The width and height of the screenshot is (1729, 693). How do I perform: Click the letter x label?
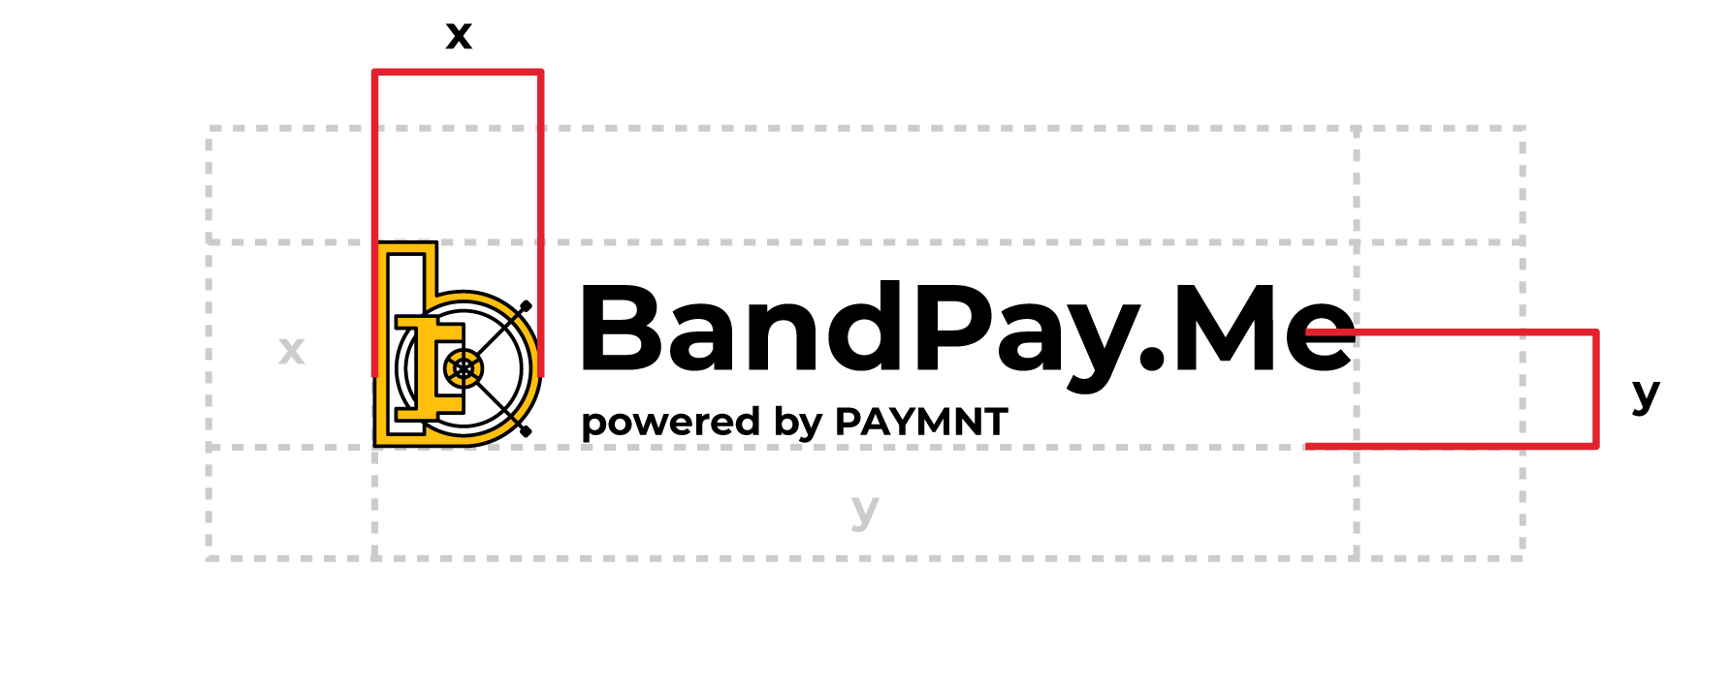click(x=291, y=350)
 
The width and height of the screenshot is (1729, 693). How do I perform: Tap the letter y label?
click(x=864, y=509)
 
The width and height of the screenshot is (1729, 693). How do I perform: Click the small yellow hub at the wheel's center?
click(x=464, y=368)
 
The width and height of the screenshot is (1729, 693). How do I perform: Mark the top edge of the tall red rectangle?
click(x=457, y=72)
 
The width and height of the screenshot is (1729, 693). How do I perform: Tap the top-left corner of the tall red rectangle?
click(x=374, y=72)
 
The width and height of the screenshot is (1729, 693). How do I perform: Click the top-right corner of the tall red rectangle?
click(x=540, y=72)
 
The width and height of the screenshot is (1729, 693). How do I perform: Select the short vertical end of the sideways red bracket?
click(x=1595, y=390)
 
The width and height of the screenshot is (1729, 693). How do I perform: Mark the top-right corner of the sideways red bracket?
click(x=1595, y=332)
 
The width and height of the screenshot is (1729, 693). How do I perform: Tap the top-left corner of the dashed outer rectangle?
click(x=208, y=128)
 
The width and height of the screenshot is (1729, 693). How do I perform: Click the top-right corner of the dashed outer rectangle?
click(x=1522, y=128)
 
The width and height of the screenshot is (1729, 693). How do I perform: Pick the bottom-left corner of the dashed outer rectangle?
click(x=208, y=557)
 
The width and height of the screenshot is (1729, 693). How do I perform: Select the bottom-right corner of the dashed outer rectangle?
click(x=1522, y=557)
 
